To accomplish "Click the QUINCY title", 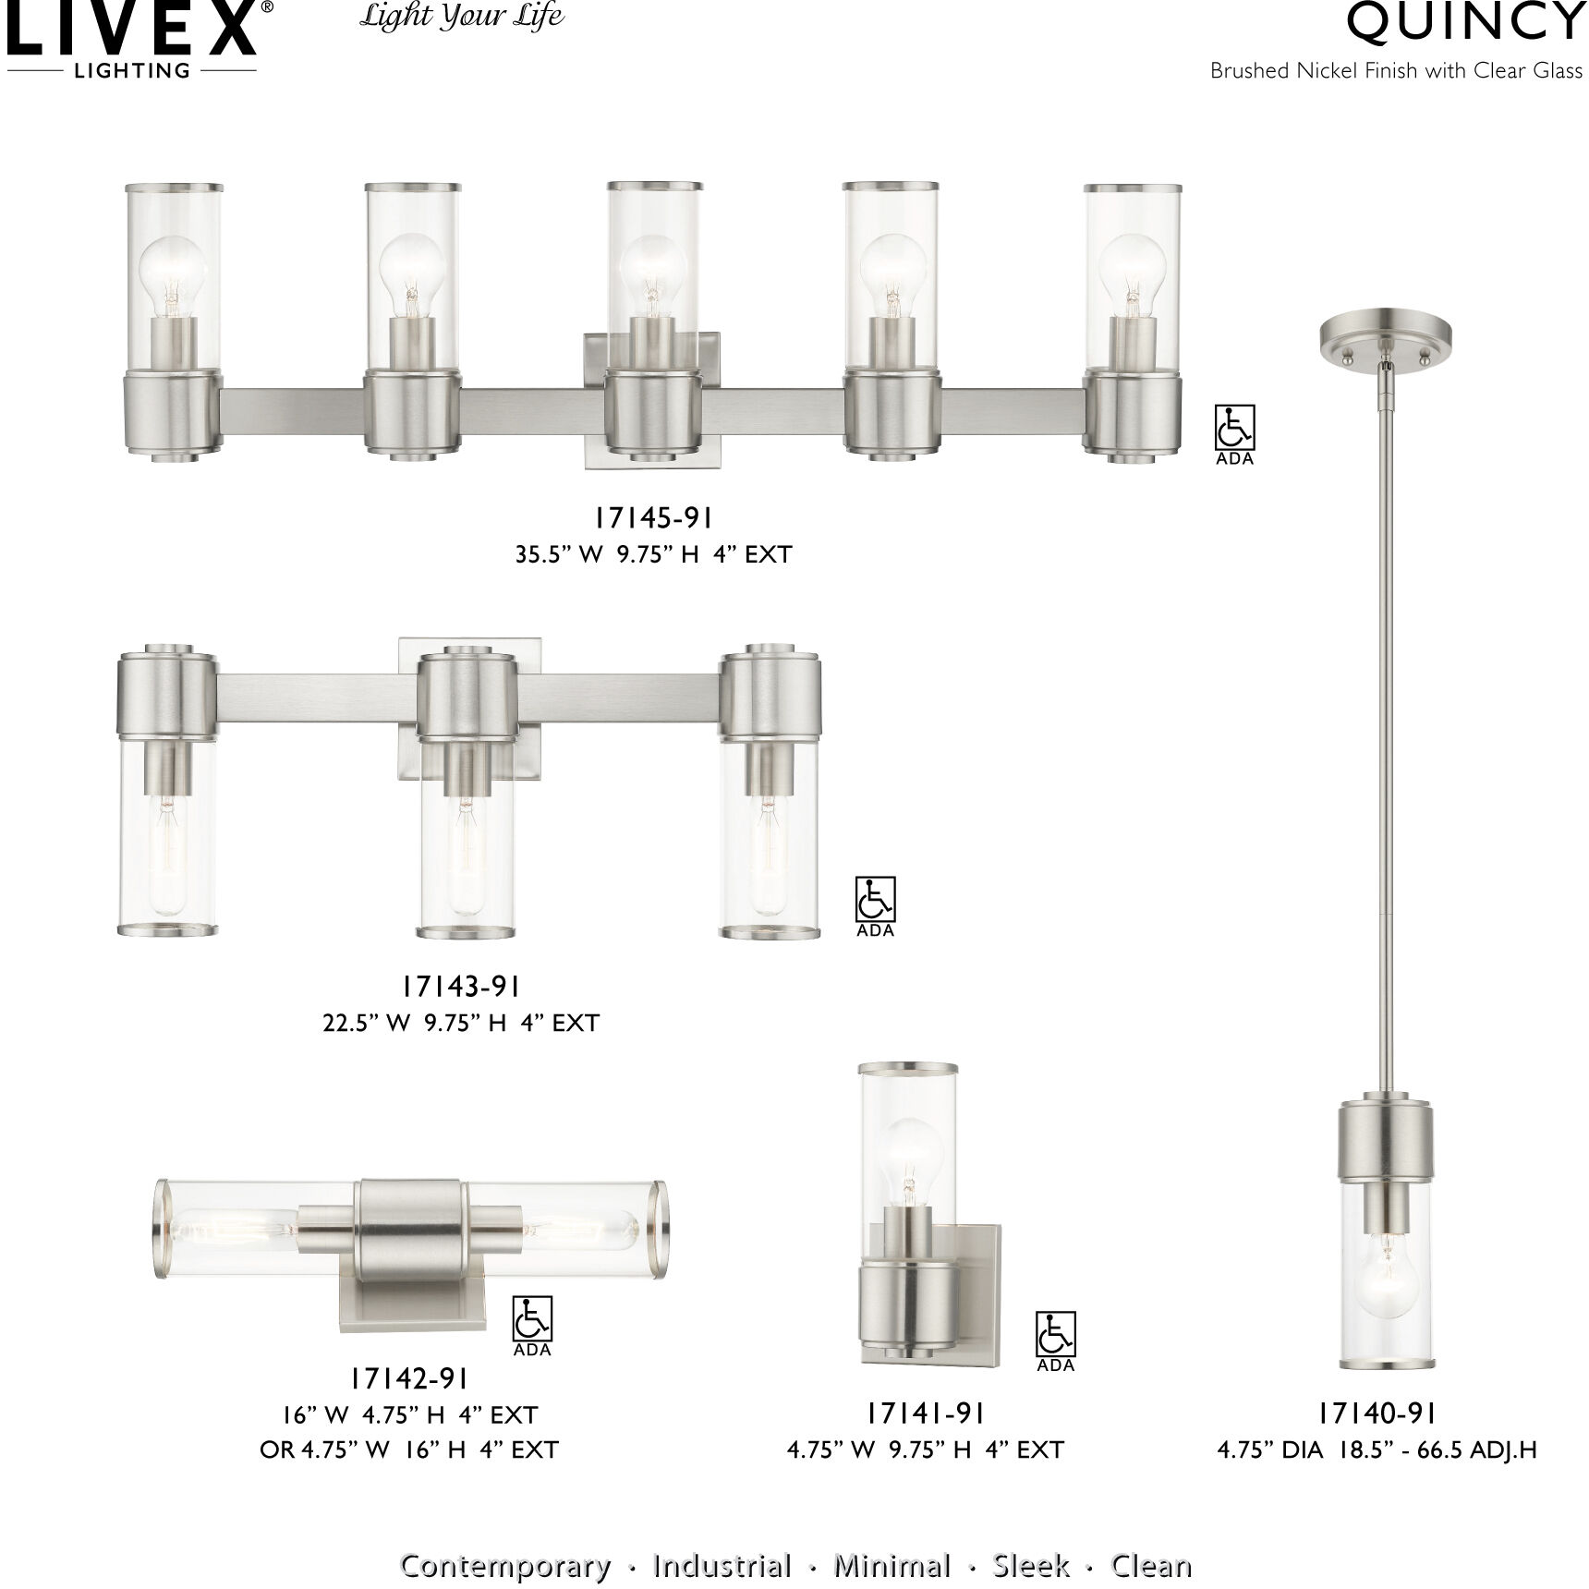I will tap(1465, 22).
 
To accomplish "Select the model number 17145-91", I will tap(653, 518).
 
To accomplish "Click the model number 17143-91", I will tap(461, 987).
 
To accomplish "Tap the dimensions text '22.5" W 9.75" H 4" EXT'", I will tap(461, 1023).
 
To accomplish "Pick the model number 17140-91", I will tap(1377, 1413).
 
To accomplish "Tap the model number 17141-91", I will tap(925, 1413).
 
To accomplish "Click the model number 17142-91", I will tap(409, 1378).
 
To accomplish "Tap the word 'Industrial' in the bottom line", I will tap(722, 1540).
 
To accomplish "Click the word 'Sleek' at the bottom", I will tap(1031, 1540).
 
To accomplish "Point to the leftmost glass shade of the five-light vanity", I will tap(174, 277).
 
